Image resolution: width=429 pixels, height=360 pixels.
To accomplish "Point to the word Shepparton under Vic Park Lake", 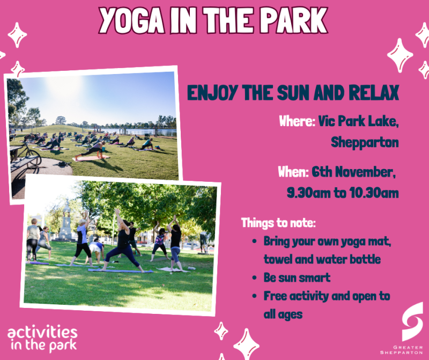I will (365, 143).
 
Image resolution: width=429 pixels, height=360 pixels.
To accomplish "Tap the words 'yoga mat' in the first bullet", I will (367, 241).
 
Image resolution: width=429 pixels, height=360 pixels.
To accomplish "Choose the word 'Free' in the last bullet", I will (275, 296).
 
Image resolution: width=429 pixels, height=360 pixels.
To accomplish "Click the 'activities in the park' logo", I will (42, 337).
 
